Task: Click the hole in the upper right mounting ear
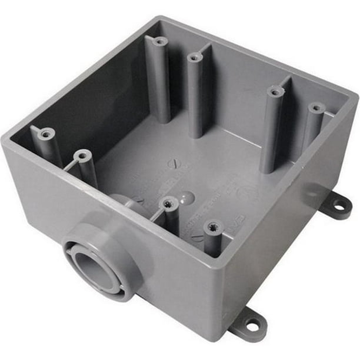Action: coord(340,205)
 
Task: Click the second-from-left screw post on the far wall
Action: coord(195,58)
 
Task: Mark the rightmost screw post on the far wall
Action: coord(316,108)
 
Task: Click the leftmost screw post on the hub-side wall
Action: coord(46,134)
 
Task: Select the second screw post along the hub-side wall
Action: coord(82,156)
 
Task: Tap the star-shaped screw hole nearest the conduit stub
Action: coord(169,204)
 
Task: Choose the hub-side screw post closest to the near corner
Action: coord(212,226)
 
